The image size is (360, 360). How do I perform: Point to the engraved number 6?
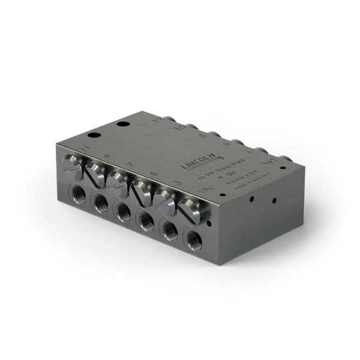(x=226, y=144)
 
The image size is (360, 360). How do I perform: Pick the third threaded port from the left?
(x=124, y=211)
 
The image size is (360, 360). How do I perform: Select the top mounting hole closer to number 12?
(x=123, y=124)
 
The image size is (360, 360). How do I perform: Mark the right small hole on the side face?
(x=274, y=200)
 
